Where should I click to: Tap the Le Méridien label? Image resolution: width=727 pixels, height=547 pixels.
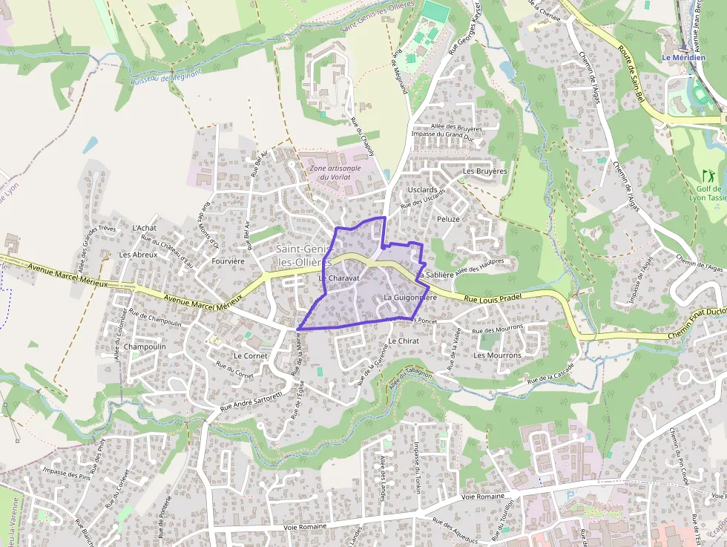(x=683, y=58)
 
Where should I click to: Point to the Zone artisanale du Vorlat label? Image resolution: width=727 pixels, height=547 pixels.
(x=335, y=172)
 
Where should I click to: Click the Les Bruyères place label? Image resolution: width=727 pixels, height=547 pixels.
(x=484, y=171)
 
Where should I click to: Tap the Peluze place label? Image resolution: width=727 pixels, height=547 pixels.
(x=448, y=219)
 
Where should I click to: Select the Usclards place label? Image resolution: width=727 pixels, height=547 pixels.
(x=422, y=190)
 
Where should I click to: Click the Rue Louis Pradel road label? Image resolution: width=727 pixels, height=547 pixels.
(x=494, y=298)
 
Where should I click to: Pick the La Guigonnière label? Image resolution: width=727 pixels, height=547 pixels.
(x=409, y=298)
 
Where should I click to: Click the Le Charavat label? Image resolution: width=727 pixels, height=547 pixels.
(x=339, y=278)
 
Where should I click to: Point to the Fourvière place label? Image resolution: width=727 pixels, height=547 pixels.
(x=228, y=261)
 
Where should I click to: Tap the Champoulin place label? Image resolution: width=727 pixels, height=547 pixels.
(x=145, y=347)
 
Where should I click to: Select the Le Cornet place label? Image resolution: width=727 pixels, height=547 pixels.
(x=250, y=356)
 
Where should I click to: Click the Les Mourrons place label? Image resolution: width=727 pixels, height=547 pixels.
(x=497, y=355)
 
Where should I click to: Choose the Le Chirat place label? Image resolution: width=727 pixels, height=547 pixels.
(x=404, y=341)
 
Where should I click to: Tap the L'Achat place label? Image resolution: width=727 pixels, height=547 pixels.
(x=144, y=228)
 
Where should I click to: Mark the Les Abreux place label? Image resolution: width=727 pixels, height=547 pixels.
(x=138, y=254)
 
